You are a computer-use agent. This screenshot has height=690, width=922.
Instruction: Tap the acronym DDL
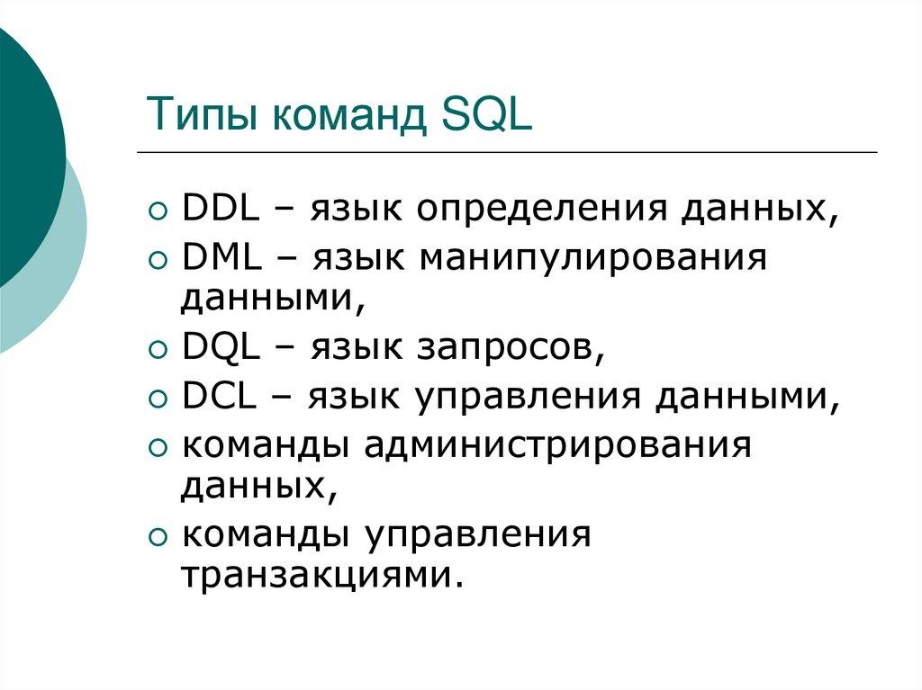tap(221, 209)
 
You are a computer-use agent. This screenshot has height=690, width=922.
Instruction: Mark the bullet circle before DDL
tap(158, 211)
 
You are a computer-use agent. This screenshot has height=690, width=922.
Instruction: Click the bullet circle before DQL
tap(158, 351)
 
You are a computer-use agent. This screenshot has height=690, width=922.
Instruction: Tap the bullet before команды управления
tap(158, 538)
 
